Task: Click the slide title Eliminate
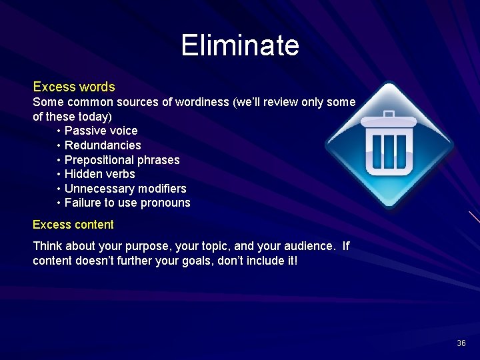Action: coord(240,46)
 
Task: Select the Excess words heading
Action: coord(74,87)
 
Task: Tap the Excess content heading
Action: coord(73,225)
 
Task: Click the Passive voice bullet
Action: coord(101,131)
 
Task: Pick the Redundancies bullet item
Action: coord(103,145)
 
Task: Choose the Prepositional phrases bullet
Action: coord(122,160)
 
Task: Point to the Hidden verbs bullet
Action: coord(99,174)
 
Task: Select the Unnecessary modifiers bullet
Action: coord(125,189)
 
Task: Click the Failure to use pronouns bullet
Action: coord(127,203)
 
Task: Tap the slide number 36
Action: coord(461,343)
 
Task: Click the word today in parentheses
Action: coord(99,116)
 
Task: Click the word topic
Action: coord(207,246)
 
